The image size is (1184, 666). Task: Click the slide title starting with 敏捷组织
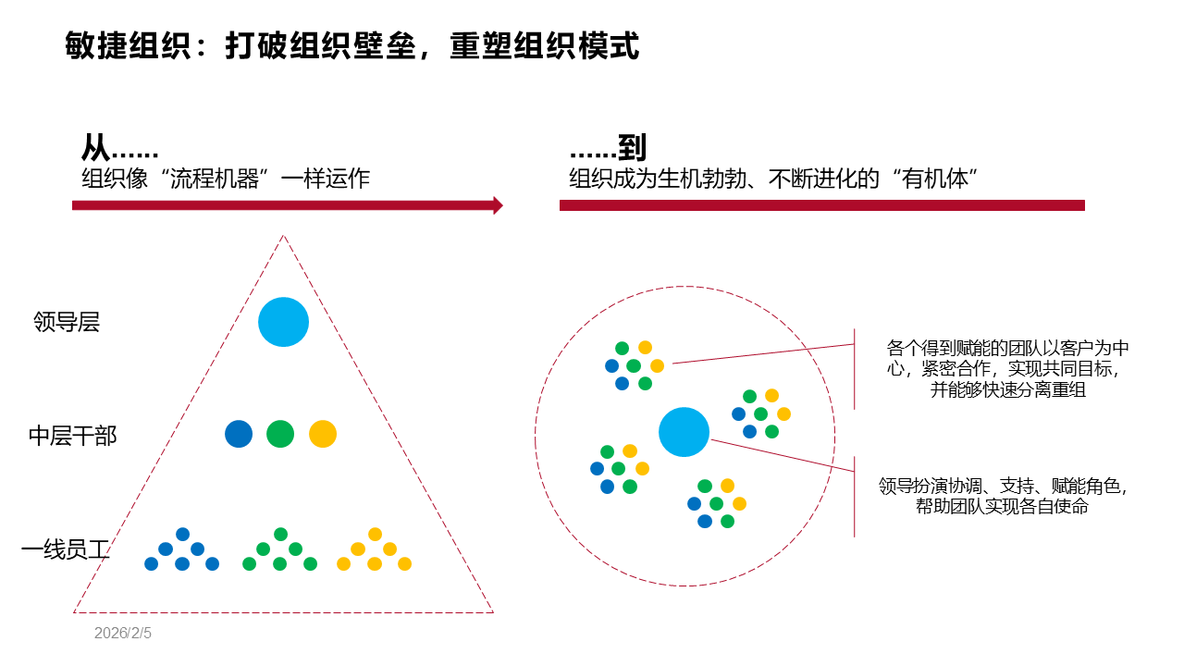pos(352,45)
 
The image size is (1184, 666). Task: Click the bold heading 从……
pos(119,148)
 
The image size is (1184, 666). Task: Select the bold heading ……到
pos(608,148)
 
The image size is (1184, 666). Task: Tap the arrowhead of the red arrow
pos(499,205)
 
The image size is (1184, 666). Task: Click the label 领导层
pos(67,323)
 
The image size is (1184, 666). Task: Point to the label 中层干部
pos(73,436)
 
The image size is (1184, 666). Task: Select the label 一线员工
pos(66,551)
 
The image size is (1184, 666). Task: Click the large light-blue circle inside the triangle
pos(283,322)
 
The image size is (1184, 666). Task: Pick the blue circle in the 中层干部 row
pos(239,434)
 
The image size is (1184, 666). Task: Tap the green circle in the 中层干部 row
pos(280,434)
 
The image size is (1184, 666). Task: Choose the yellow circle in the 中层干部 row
pos(323,434)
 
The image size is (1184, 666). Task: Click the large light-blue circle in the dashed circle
pos(684,432)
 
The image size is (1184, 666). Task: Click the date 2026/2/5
pos(122,634)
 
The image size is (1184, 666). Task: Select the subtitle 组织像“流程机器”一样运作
pos(226,179)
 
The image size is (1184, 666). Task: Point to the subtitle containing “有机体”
pos(774,179)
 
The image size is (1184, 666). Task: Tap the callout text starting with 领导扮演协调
pos(1004,496)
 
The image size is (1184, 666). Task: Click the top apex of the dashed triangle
pos(283,236)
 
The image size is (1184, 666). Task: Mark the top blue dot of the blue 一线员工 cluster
pos(182,534)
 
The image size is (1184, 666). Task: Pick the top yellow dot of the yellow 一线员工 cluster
pos(375,534)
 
